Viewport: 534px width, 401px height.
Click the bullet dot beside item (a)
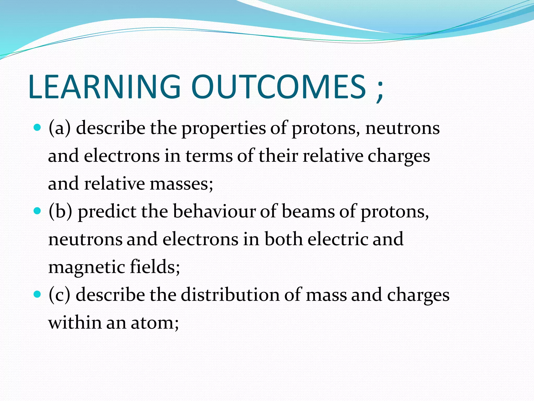coord(38,128)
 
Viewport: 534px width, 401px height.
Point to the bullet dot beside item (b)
coord(38,211)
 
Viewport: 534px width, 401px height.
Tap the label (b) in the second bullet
coord(60,211)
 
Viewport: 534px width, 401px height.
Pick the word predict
coord(107,212)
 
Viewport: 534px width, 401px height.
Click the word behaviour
coord(214,211)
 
